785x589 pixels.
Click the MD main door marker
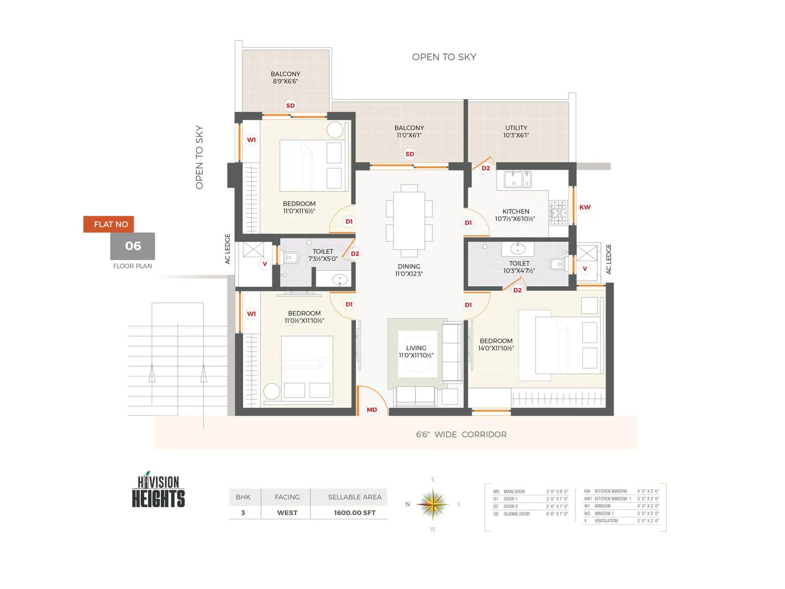[372, 410]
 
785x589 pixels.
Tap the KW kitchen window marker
[585, 207]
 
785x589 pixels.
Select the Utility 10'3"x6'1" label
[516, 132]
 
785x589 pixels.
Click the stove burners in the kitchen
[558, 213]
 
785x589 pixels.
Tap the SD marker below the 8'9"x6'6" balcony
[290, 106]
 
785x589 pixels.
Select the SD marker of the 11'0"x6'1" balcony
[410, 154]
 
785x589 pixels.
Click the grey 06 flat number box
[132, 246]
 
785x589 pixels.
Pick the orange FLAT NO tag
[108, 224]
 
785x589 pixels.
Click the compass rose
[433, 505]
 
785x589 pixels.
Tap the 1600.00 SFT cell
[354, 512]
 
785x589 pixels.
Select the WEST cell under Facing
[287, 512]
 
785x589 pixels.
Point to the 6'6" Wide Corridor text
[461, 434]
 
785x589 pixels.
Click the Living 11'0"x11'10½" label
[416, 351]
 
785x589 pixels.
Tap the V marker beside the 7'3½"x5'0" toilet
[265, 264]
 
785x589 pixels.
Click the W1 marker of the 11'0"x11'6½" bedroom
[251, 140]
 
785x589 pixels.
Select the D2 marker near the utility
[486, 168]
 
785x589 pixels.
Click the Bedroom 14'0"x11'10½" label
[496, 345]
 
